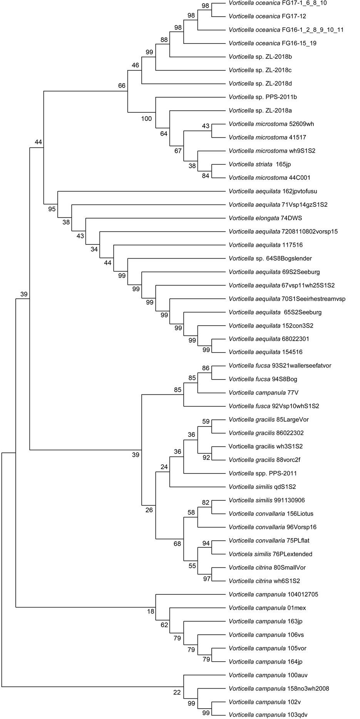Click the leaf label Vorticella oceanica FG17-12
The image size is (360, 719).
click(267, 17)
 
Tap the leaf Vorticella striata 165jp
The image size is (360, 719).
click(260, 164)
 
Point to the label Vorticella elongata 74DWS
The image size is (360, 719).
click(265, 218)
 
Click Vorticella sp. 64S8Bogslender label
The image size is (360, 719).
click(270, 259)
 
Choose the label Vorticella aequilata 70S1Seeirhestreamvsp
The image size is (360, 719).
click(287, 299)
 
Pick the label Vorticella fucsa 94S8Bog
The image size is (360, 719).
click(263, 379)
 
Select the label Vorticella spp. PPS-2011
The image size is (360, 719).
click(263, 473)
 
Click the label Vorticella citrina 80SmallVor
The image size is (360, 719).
click(267, 567)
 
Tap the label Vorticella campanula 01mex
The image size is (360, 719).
click(267, 608)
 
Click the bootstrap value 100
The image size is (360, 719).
click(146, 119)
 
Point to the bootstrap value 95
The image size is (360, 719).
click(52, 209)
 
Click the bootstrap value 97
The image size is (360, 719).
click(207, 579)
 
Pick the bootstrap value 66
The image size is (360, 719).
click(122, 85)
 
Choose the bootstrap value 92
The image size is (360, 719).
click(206, 458)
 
